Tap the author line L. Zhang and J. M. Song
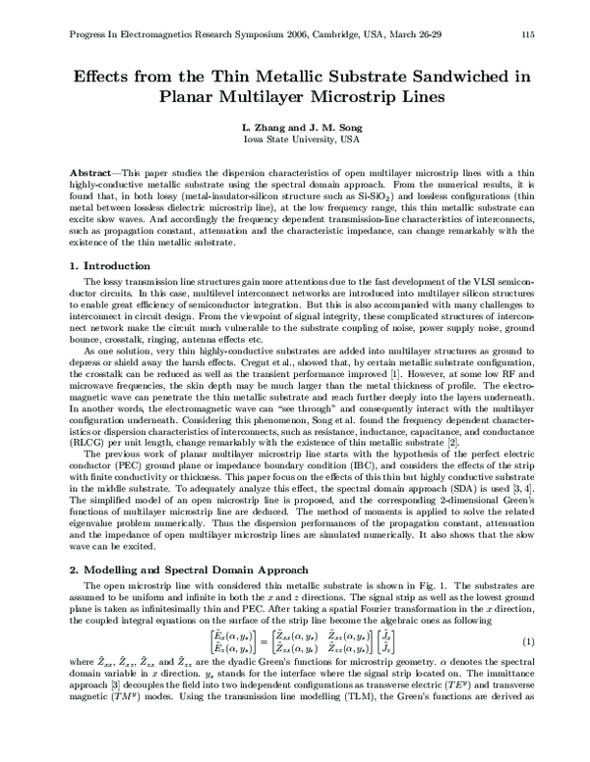pos(294,127)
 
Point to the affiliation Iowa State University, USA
pos(294,139)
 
